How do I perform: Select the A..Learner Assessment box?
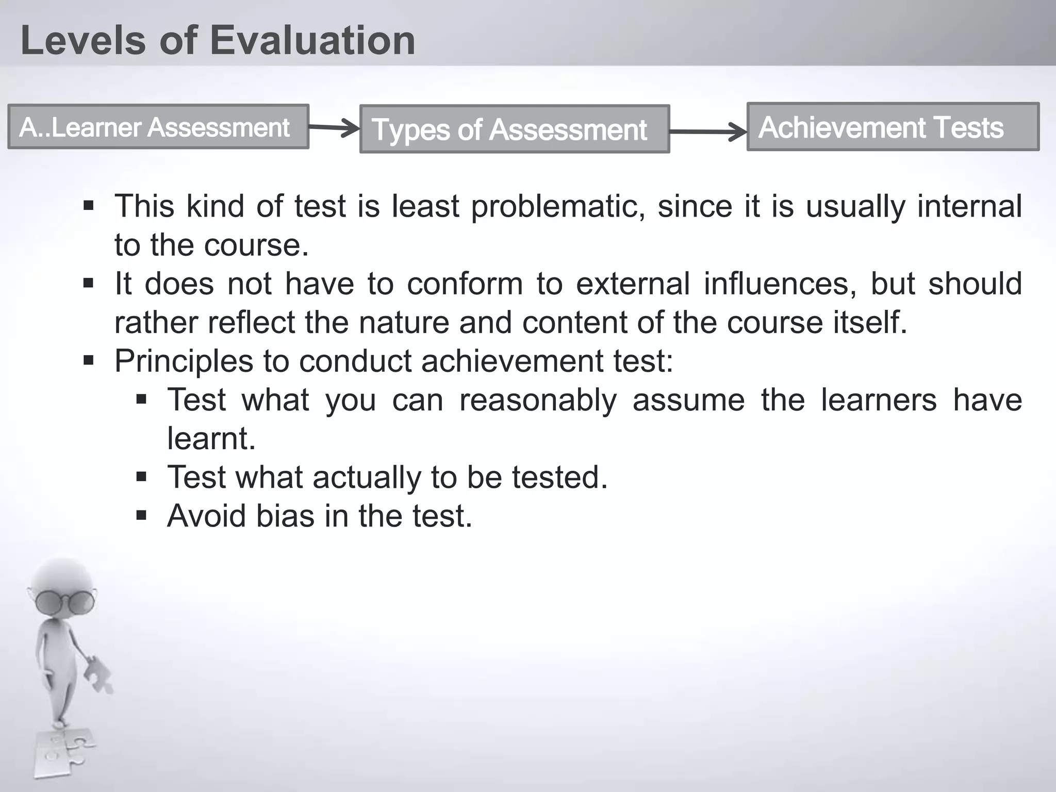coord(158,127)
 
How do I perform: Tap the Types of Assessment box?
coord(514,129)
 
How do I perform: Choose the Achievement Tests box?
coord(893,127)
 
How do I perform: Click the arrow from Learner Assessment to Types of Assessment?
coord(334,127)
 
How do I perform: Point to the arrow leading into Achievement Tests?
coord(708,131)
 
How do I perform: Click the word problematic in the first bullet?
coord(558,206)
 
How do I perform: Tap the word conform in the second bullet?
coord(465,284)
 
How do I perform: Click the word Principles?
coord(184,361)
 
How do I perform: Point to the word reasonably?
coord(538,400)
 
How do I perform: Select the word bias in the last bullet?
coord(285,516)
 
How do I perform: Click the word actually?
coord(367,477)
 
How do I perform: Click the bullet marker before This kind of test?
coord(89,206)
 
